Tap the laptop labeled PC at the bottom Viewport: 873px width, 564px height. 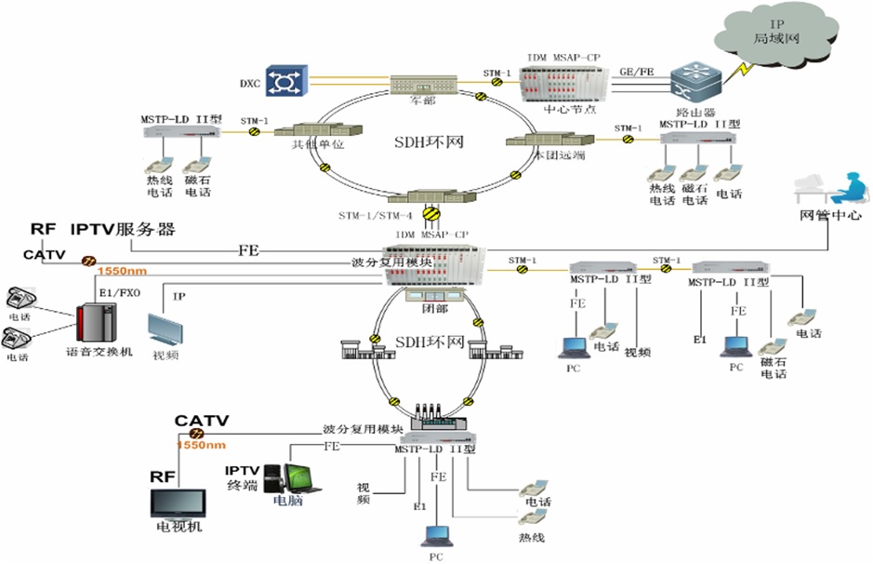436,537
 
